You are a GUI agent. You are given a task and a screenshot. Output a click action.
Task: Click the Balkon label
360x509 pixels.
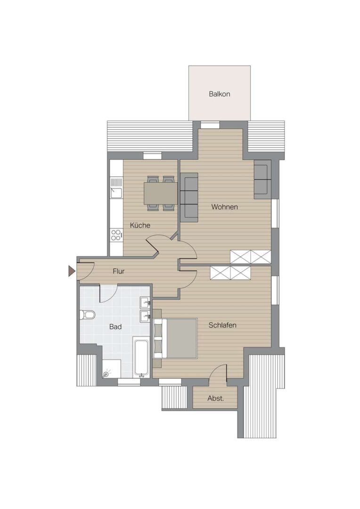click(220, 94)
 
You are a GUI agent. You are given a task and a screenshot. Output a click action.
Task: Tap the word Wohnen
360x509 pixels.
click(224, 207)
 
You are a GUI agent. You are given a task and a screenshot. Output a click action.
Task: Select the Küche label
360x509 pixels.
click(140, 225)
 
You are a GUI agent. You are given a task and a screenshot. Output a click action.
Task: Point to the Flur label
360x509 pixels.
click(118, 271)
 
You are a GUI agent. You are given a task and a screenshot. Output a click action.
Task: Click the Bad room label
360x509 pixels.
click(115, 327)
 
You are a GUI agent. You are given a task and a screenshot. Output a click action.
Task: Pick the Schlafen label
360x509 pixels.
click(222, 325)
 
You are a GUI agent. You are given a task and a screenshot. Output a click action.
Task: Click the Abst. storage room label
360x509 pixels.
click(216, 398)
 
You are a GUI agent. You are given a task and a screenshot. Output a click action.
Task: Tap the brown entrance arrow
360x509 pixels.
click(72, 271)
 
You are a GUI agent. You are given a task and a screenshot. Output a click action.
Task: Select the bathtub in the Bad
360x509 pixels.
click(141, 359)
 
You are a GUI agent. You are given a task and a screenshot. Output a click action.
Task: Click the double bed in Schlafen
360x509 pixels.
click(176, 338)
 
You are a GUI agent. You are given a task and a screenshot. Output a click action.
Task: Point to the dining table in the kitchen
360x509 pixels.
click(161, 193)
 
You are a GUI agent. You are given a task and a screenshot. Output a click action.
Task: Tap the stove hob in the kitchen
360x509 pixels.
click(116, 235)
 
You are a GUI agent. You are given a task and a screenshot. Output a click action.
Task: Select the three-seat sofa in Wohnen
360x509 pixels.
click(189, 197)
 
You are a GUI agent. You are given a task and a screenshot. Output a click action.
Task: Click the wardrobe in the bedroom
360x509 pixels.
click(230, 273)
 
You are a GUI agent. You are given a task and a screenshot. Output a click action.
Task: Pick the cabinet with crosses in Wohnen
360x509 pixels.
click(250, 257)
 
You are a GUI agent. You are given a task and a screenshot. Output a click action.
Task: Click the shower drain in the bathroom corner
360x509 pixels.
click(106, 374)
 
